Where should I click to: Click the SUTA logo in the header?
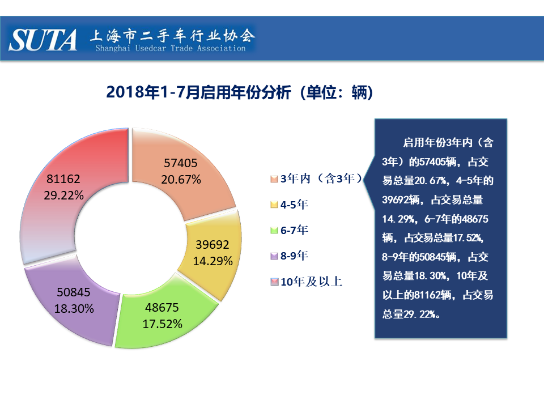point(42,40)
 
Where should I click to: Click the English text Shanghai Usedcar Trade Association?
point(171,48)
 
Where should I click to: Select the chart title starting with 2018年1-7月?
point(240,92)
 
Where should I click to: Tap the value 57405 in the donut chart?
point(180,163)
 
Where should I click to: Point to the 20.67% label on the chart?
point(181,180)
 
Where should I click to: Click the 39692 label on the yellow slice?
point(212,245)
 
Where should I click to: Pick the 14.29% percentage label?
point(212,261)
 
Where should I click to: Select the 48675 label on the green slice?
point(161,307)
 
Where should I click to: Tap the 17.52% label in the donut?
point(162,324)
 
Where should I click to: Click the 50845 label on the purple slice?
point(74,292)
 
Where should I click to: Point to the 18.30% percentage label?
point(74,308)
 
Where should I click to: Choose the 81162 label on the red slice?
point(63,178)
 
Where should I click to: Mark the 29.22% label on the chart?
point(63,195)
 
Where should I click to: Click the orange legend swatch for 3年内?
point(274,179)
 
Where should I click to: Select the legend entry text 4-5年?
point(294,205)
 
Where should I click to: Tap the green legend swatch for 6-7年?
point(274,230)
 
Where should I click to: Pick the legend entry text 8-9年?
point(294,256)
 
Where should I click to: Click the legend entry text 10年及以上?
point(311,282)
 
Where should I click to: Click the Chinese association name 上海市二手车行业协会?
point(173,35)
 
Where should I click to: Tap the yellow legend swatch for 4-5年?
point(274,205)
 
